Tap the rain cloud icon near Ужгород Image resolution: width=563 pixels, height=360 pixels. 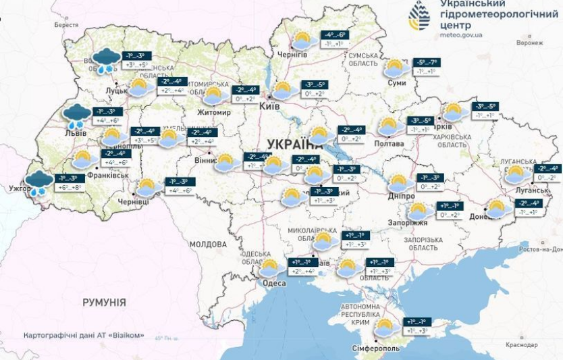coord(38,182)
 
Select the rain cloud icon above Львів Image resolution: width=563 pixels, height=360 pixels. coord(76,116)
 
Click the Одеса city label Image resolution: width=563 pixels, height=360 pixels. coord(274,283)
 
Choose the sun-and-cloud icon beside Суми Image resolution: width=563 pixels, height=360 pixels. coord(395,68)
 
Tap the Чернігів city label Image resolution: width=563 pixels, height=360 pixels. coord(293,55)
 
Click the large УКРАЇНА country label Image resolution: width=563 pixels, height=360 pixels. coord(295,144)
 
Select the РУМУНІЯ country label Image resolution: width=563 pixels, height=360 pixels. coord(104,302)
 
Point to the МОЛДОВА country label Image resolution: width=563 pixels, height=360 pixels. coord(208,244)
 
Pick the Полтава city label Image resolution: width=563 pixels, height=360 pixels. coord(389,144)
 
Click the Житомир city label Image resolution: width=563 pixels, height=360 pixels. coord(213,113)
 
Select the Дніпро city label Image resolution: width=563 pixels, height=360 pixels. coord(401,195)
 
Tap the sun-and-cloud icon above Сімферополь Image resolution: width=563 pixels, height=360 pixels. coord(385,328)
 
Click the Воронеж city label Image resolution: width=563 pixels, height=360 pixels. coord(529,43)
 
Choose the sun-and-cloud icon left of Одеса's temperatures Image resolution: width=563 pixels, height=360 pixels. coord(269,267)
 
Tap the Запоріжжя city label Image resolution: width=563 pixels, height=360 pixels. coord(408,223)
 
